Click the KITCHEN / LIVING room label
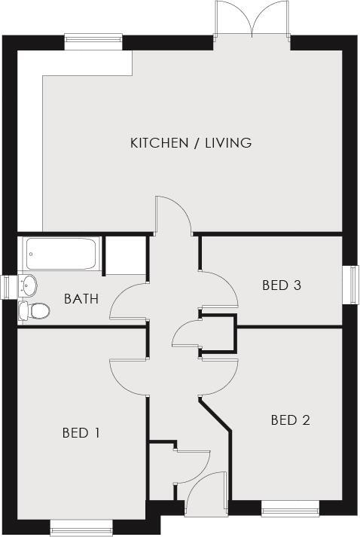click(191, 142)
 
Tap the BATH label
click(81, 298)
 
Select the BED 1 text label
click(81, 432)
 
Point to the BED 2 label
click(290, 420)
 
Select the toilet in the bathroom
click(33, 310)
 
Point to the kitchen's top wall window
click(93, 40)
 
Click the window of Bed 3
click(351, 285)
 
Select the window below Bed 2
click(290, 508)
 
